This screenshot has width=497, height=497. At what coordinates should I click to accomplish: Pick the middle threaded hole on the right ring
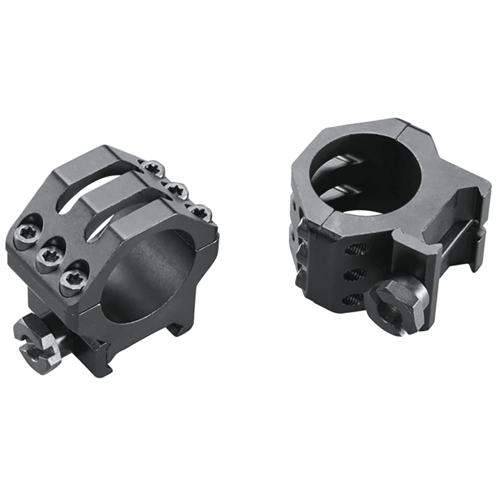pos(355,273)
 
